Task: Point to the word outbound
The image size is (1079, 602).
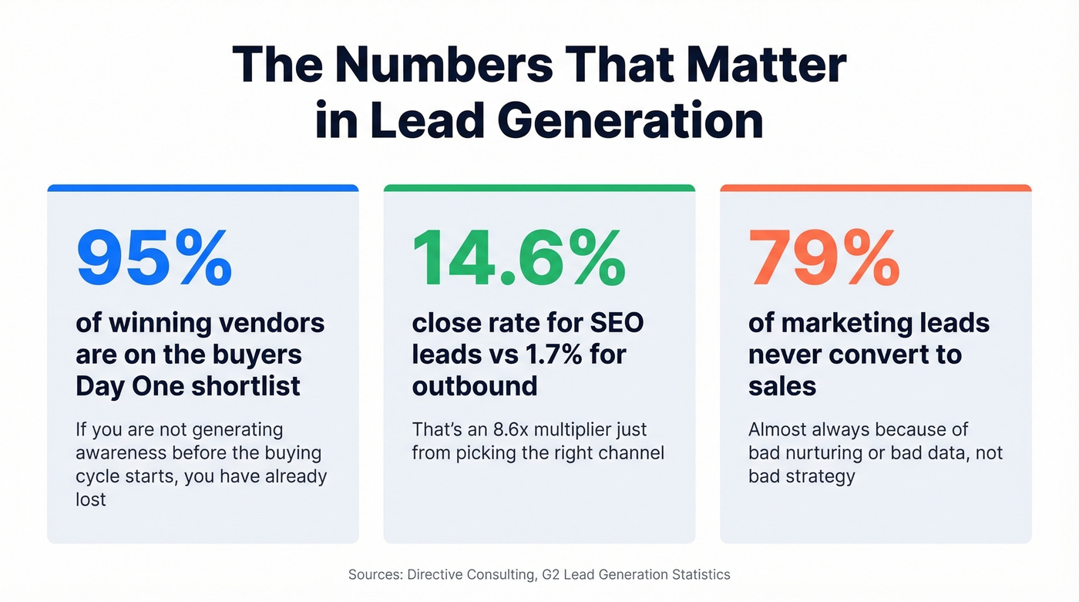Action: coord(474,385)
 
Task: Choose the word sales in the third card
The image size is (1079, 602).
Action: coord(782,385)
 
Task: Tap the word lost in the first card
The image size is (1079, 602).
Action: coord(90,499)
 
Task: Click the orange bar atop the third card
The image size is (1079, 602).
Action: coord(876,188)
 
